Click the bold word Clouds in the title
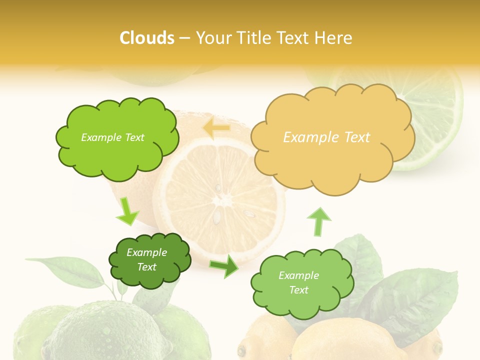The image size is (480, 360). tap(147, 37)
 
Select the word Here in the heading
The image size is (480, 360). tap(334, 37)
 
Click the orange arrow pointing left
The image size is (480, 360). tap(216, 128)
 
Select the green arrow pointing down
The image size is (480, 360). tap(127, 211)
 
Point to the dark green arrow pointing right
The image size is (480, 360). tap(224, 266)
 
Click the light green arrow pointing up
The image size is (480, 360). tap(318, 221)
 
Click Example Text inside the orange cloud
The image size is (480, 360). tap(326, 137)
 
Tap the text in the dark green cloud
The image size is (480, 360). tap(146, 259)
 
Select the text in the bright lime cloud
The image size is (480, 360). tap(112, 137)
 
